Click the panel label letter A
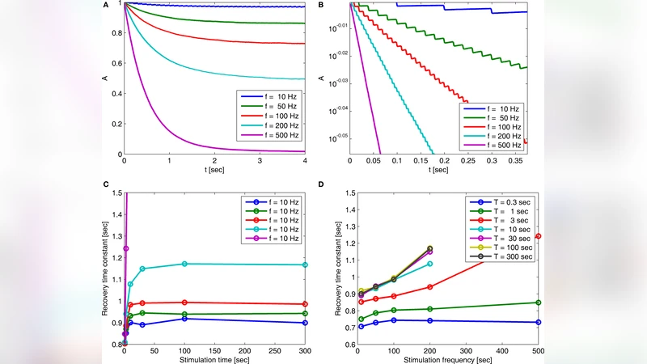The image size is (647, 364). point(105,6)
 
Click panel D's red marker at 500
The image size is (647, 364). point(538,236)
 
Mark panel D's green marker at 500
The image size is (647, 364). point(538,303)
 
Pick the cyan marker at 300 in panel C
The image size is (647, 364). point(304,265)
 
